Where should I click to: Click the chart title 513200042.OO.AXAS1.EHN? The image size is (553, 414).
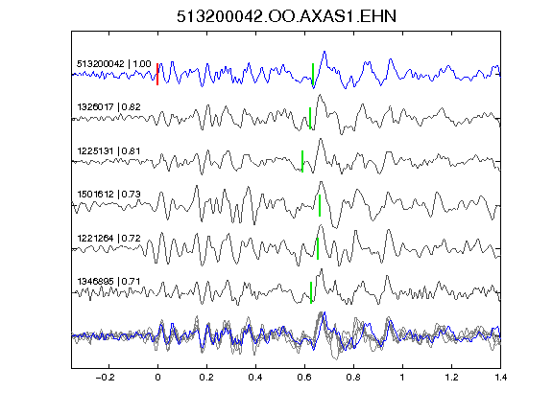(x=286, y=16)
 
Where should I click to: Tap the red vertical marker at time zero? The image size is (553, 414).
(x=157, y=74)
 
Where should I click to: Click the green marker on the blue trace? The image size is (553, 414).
(x=313, y=75)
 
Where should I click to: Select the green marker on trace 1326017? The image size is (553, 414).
(x=310, y=118)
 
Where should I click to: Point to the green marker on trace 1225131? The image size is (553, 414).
(x=302, y=161)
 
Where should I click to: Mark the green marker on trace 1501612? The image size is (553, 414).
(x=320, y=205)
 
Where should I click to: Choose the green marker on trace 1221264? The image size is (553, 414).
(x=318, y=248)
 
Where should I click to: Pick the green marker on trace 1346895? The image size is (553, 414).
(x=311, y=292)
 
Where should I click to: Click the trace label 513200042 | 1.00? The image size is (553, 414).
(x=114, y=64)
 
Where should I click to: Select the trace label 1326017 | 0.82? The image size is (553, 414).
(x=108, y=107)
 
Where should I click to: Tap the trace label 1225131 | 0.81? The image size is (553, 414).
(x=108, y=151)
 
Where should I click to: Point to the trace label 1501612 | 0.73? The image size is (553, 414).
(x=108, y=195)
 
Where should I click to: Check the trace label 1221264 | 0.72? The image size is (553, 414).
(x=108, y=239)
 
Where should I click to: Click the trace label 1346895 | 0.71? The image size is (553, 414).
(x=108, y=282)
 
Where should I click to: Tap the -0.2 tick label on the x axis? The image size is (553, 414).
(x=105, y=378)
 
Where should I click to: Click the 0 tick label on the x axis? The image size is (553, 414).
(x=157, y=378)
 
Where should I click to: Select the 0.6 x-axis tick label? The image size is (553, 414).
(x=304, y=378)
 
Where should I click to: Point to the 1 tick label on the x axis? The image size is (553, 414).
(x=402, y=378)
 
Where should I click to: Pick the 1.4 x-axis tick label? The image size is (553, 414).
(x=501, y=378)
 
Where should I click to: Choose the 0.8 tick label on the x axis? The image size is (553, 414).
(x=353, y=378)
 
